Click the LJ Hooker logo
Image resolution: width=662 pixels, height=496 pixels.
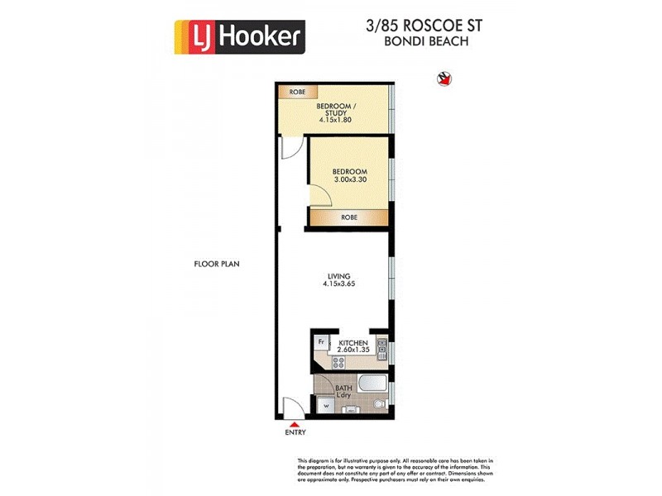point(240,36)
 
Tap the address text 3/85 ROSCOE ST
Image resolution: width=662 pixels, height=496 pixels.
point(425,26)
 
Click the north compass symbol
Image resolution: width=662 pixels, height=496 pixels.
point(444,79)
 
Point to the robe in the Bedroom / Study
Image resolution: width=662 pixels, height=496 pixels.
point(295,93)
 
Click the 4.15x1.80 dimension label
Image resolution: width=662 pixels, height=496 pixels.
point(335,120)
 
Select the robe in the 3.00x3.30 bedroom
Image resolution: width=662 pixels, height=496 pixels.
point(348,217)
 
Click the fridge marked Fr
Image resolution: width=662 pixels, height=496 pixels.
point(321,341)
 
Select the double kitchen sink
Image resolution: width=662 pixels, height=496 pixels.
point(381,348)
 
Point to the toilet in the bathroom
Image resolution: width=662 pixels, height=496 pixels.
point(378,404)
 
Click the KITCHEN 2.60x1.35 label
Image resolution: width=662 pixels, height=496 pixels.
point(353,346)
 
